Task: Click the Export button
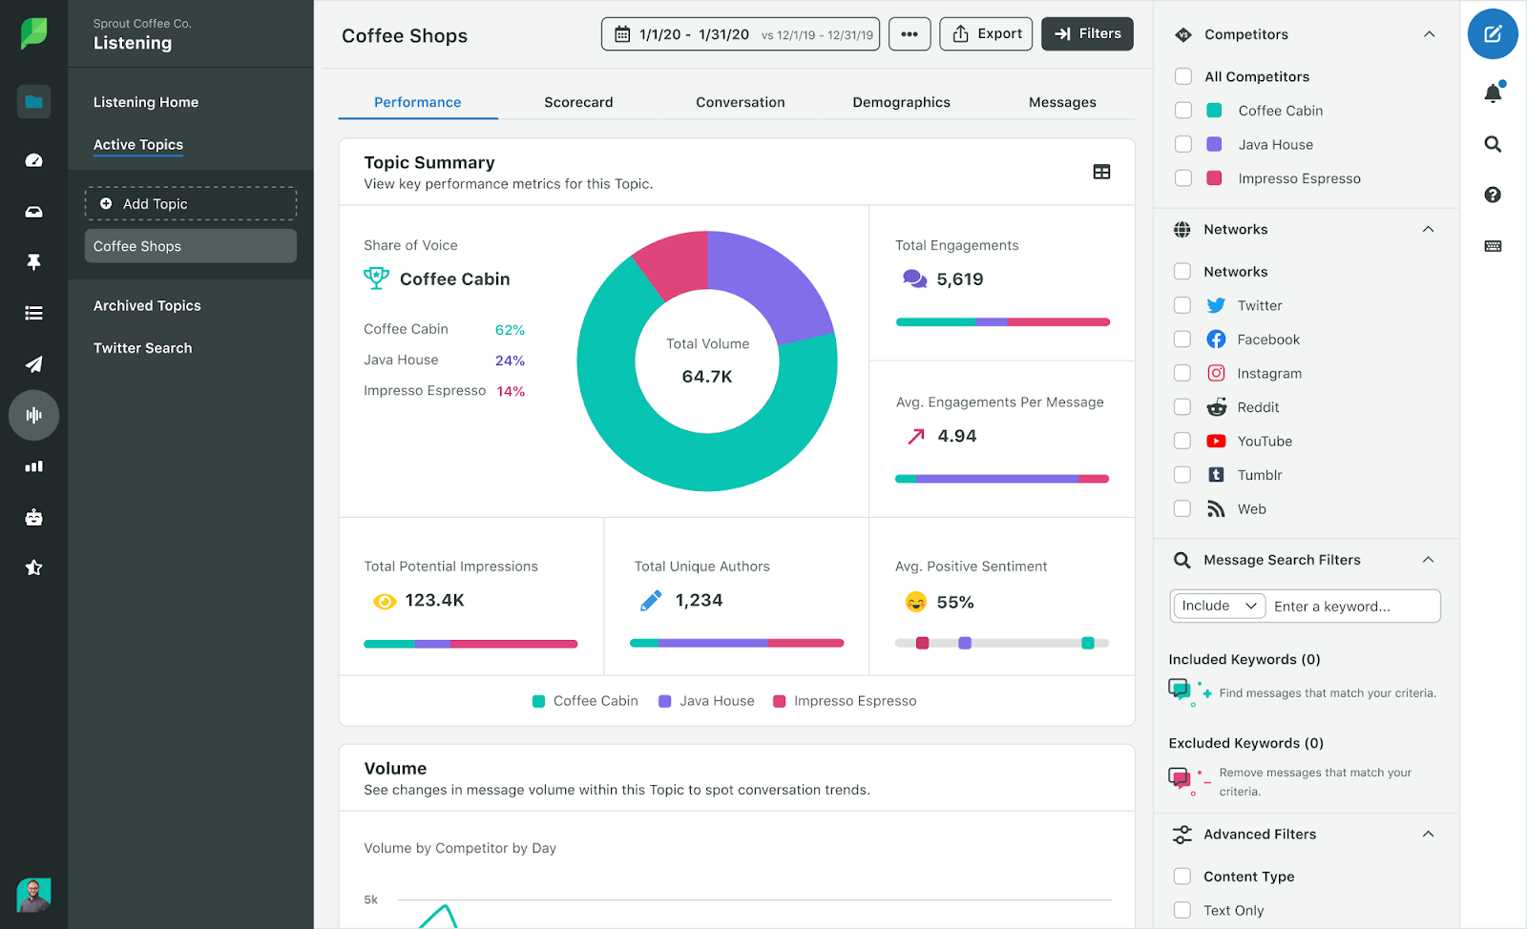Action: coord(986,34)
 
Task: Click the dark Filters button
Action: coord(1087,34)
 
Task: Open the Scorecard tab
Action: coord(578,102)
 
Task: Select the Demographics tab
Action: coord(901,102)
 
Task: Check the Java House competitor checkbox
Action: coord(1183,144)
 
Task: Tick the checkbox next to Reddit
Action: coord(1182,407)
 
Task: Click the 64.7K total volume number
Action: coord(707,377)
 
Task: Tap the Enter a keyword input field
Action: coord(1352,607)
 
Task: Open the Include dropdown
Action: coord(1218,606)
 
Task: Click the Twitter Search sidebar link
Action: coord(142,348)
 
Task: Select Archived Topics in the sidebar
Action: coord(147,306)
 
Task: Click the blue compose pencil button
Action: coord(1493,34)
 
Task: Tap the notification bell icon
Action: coord(1493,93)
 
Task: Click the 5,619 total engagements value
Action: coord(959,279)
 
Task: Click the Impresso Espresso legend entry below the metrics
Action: coord(845,701)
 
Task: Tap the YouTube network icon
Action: coord(1216,442)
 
